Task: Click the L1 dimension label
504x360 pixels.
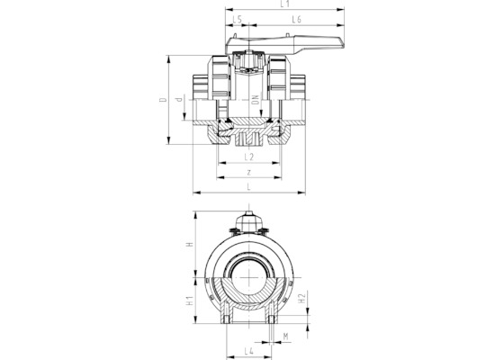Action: (x=284, y=4)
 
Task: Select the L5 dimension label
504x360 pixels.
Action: (x=237, y=19)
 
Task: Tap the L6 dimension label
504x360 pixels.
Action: (x=296, y=19)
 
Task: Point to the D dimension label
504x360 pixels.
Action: (x=164, y=100)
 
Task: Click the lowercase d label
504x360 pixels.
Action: (x=179, y=98)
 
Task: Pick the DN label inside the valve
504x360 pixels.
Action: (x=256, y=100)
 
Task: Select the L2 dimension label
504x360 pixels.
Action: (x=248, y=157)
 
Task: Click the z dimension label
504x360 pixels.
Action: (x=248, y=173)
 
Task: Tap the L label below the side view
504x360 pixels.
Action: (x=248, y=187)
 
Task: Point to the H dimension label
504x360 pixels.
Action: (x=190, y=244)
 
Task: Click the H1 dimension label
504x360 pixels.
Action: (x=190, y=301)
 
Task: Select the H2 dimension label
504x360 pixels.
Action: (x=301, y=298)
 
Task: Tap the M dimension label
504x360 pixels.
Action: (x=285, y=337)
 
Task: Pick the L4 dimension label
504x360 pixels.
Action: (x=248, y=351)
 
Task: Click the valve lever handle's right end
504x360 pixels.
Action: (x=343, y=45)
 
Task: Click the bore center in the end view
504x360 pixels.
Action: (x=249, y=277)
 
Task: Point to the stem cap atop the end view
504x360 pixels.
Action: (x=249, y=220)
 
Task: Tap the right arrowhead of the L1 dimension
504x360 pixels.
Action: (x=341, y=10)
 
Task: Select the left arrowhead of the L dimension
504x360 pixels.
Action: (x=197, y=193)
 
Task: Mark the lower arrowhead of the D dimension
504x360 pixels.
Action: (x=168, y=140)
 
